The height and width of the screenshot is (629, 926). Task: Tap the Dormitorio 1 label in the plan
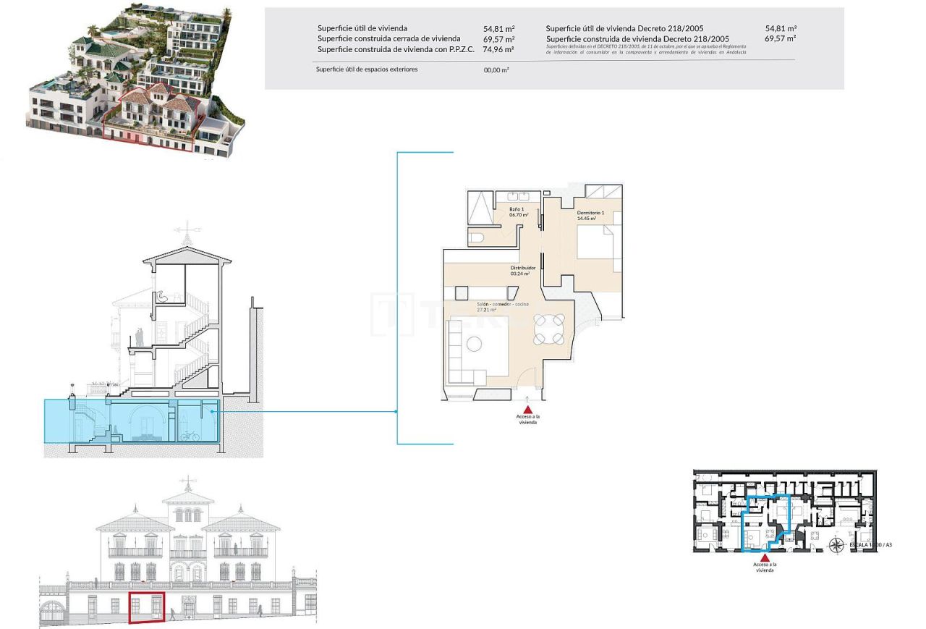click(590, 215)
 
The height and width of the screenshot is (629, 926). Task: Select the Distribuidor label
click(522, 271)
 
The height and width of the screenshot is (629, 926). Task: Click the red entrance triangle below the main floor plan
click(527, 409)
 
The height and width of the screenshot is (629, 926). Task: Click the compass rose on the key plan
click(838, 544)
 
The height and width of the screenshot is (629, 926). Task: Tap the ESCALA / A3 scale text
click(870, 544)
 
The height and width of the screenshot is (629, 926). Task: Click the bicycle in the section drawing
click(189, 436)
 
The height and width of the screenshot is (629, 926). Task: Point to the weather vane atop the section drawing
click(187, 232)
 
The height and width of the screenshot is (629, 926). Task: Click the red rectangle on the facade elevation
click(146, 607)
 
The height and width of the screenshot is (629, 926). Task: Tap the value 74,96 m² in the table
click(498, 50)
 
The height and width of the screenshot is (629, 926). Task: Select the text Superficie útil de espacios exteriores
click(366, 69)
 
